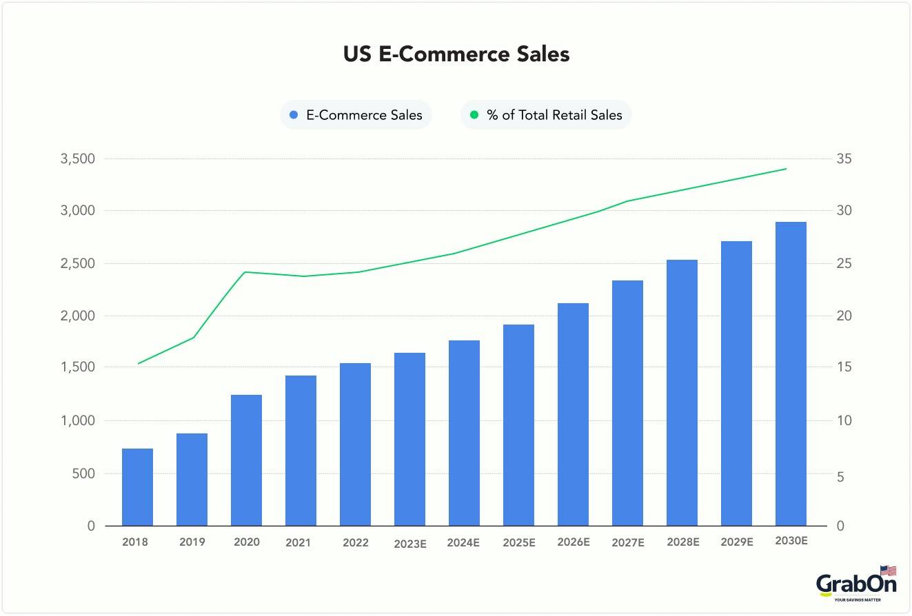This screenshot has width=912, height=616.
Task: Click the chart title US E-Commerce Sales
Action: point(456,54)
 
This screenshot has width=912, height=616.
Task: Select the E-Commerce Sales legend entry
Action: point(356,115)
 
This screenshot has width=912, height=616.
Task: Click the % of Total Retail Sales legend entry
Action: point(546,115)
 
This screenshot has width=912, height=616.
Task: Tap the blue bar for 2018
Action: point(137,487)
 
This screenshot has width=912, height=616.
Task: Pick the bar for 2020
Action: point(246,460)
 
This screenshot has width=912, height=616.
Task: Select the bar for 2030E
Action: point(791,374)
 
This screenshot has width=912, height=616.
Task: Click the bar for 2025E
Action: point(518,425)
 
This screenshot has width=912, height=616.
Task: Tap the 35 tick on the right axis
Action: point(844,159)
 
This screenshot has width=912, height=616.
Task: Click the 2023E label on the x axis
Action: point(410,544)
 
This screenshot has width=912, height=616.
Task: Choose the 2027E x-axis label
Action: point(628,543)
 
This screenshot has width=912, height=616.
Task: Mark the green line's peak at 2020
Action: point(246,272)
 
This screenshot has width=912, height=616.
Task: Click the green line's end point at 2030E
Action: point(786,169)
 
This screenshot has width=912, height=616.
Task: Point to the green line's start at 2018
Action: point(139,363)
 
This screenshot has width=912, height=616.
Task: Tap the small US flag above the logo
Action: point(889,571)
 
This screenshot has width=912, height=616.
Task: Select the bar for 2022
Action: point(355,444)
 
